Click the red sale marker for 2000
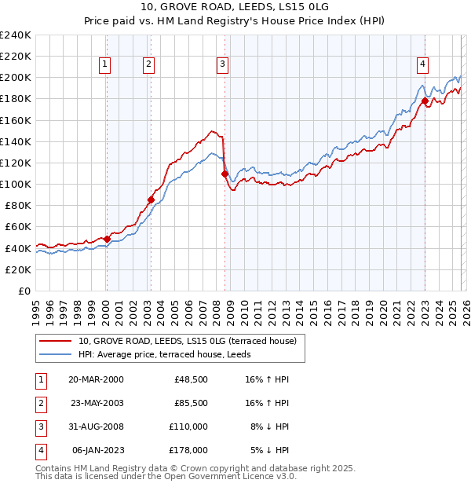107,239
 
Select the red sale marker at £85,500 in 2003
151,200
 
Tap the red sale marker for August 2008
225,174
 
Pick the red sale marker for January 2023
425,101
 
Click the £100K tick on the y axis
16,184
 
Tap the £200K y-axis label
16,78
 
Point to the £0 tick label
24,291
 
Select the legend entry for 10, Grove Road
187,341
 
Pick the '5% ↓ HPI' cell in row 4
269,450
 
